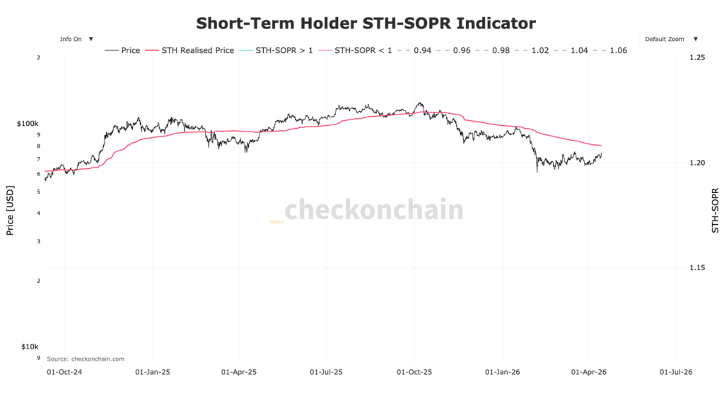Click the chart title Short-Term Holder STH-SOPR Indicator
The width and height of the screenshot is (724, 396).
pyautogui.click(x=366, y=23)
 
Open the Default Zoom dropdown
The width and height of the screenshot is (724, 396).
pyautogui.click(x=671, y=39)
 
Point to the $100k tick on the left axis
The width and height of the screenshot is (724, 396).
pyautogui.click(x=27, y=124)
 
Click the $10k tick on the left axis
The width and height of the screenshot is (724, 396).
pyautogui.click(x=29, y=346)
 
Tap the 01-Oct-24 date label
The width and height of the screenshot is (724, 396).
pyautogui.click(x=64, y=371)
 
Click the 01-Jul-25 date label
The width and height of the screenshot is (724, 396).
pyautogui.click(x=326, y=371)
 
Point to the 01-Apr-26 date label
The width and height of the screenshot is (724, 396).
pyautogui.click(x=589, y=371)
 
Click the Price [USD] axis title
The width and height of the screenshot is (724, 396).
pyautogui.click(x=10, y=210)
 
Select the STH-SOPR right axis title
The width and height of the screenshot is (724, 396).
pyautogui.click(x=715, y=210)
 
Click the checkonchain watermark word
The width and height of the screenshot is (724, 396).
pyautogui.click(x=374, y=210)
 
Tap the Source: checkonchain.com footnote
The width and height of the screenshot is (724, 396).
pyautogui.click(x=86, y=359)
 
